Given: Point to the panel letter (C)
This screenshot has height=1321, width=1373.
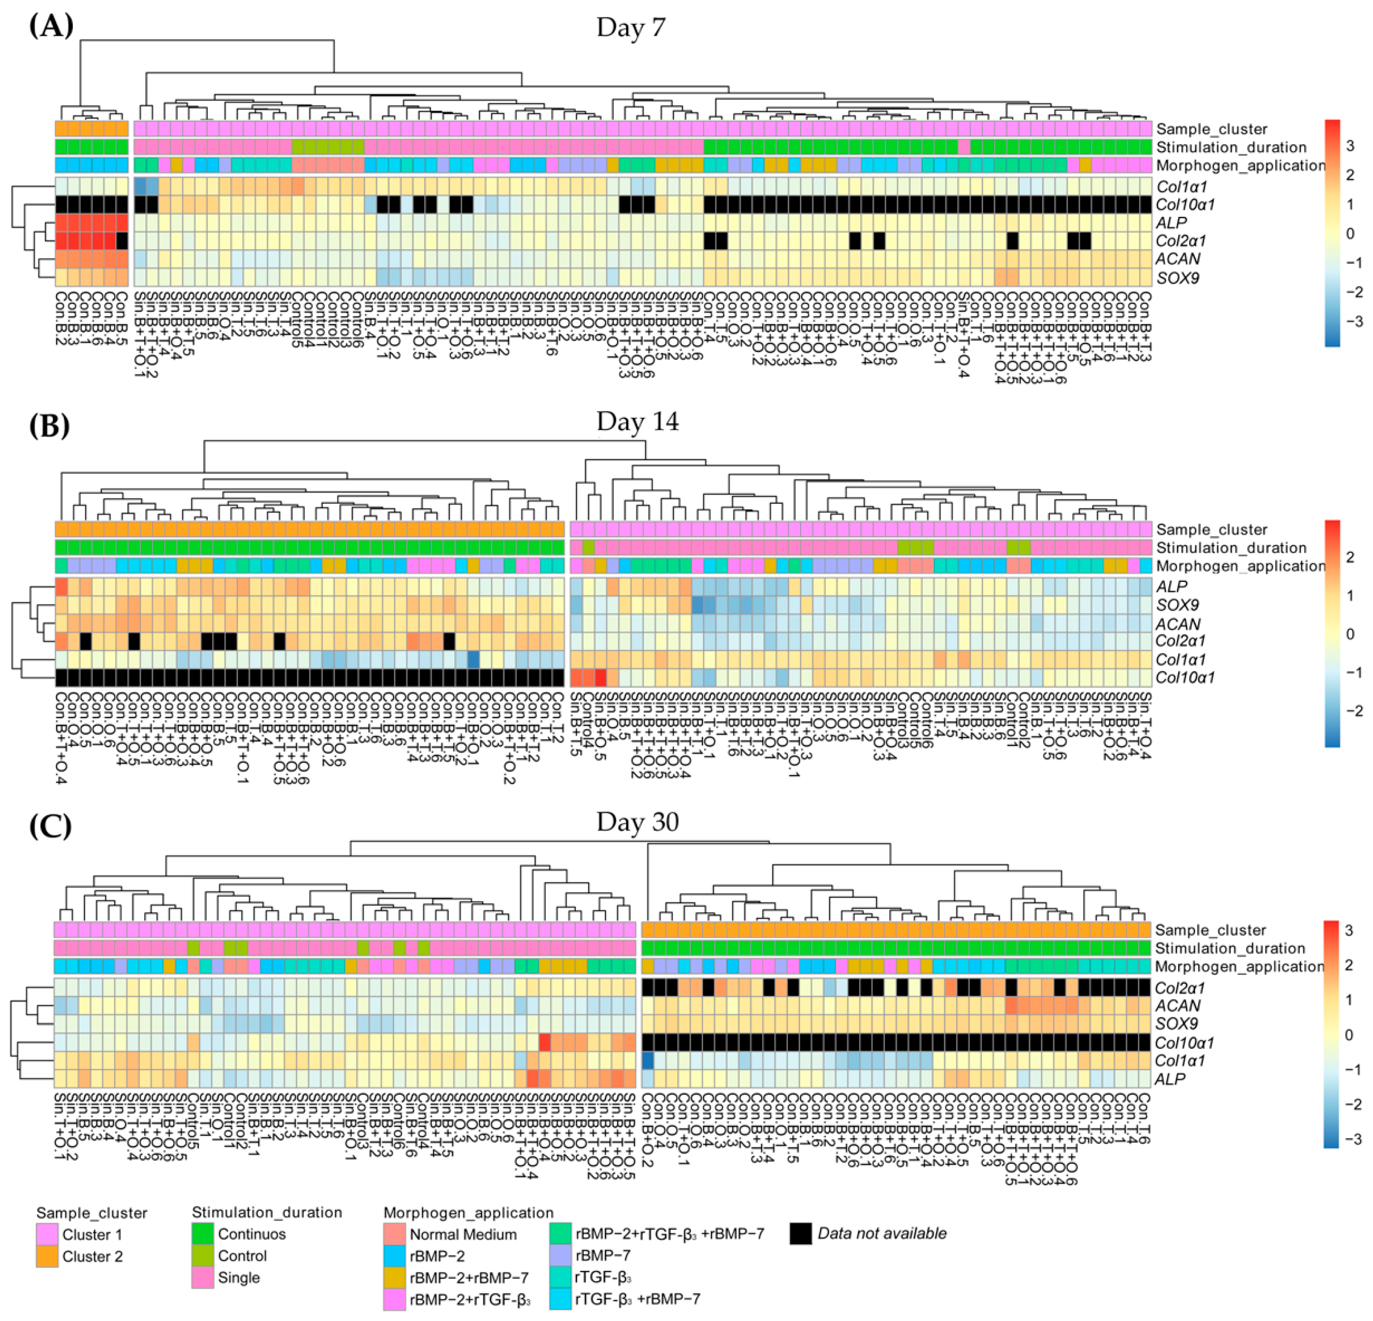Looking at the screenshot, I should (50, 825).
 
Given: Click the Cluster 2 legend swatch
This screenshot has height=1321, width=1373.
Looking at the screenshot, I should (47, 1256).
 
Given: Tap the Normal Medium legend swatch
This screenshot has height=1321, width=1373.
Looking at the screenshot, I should (395, 1234).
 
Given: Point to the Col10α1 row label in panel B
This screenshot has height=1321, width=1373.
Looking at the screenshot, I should (1185, 677).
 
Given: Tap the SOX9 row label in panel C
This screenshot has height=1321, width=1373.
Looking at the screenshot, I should (1177, 1023).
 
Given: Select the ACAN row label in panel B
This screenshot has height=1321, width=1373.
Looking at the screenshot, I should (1177, 623).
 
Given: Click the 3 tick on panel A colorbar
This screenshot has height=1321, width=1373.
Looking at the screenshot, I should (1350, 146).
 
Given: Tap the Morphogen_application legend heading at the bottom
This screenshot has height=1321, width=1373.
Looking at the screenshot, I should (468, 1213).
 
